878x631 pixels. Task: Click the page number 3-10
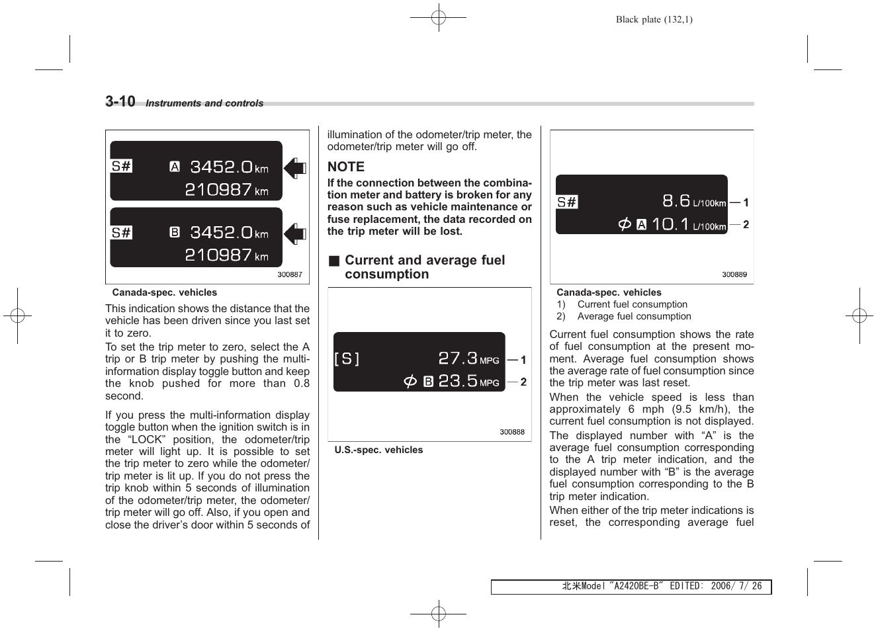pyautogui.click(x=120, y=101)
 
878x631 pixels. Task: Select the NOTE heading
pyautogui.click(x=346, y=167)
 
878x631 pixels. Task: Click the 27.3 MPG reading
pyautogui.click(x=468, y=358)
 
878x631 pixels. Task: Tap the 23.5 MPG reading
pyautogui.click(x=468, y=381)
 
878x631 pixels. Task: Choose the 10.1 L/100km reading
pyautogui.click(x=688, y=224)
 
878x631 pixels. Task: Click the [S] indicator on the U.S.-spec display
pyautogui.click(x=347, y=359)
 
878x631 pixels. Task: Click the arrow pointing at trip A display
pyautogui.click(x=295, y=169)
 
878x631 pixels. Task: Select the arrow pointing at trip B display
pyautogui.click(x=295, y=233)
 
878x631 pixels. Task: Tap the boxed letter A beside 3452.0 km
pyautogui.click(x=175, y=167)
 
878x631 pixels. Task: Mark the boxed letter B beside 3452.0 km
pyautogui.click(x=175, y=232)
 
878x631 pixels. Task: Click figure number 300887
pyautogui.click(x=290, y=274)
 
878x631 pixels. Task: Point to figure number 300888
pyautogui.click(x=512, y=432)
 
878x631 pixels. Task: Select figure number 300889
pyautogui.click(x=734, y=274)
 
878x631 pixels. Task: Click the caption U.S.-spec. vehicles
pyautogui.click(x=378, y=450)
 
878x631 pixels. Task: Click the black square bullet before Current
pyautogui.click(x=334, y=261)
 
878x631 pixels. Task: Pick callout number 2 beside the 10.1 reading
pyautogui.click(x=746, y=225)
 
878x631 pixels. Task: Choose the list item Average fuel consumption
pyautogui.click(x=634, y=316)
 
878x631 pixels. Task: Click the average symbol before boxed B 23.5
pyautogui.click(x=410, y=382)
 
